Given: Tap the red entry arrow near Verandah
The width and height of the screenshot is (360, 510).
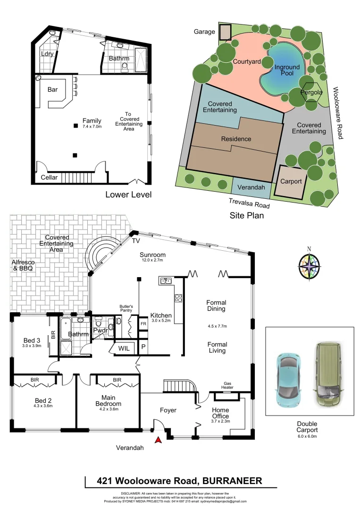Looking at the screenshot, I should (159, 441).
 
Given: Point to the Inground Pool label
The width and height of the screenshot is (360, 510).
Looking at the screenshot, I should (287, 70).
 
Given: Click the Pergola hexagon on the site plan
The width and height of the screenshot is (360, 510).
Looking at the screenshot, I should (311, 93).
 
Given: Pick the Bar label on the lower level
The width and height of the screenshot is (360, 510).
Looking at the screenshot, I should (53, 89).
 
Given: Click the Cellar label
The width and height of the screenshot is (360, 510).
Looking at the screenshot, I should (49, 178).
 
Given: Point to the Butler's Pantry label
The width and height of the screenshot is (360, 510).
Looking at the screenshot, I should (126, 308).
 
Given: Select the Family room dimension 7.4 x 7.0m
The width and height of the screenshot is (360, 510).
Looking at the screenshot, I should (92, 127).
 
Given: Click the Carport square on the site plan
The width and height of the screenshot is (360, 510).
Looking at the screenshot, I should (291, 181).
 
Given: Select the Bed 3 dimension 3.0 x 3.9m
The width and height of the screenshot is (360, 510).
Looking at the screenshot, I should (32, 346).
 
